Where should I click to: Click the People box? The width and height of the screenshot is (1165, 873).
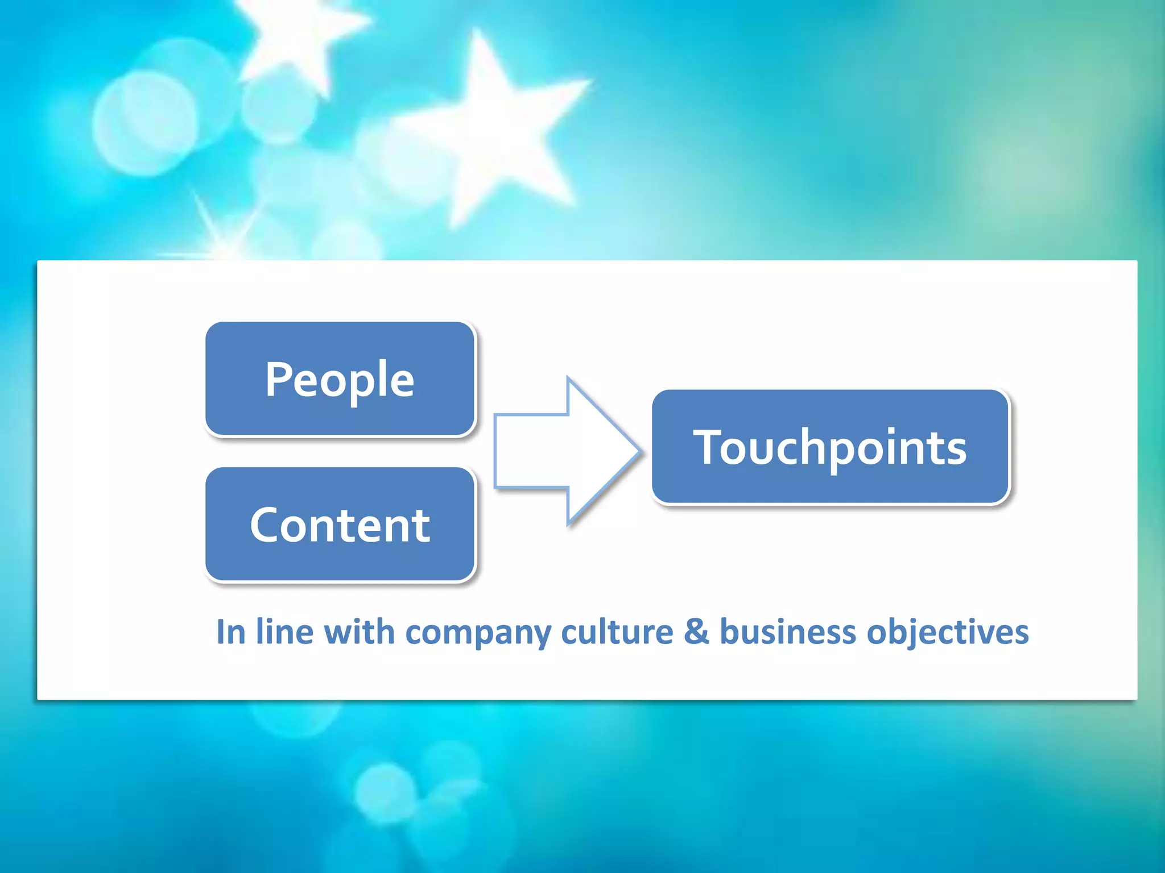point(340,379)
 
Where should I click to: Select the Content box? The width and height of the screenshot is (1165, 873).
point(340,524)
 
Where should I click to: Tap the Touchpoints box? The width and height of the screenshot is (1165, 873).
point(830,447)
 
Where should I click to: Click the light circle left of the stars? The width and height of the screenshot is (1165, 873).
point(145,122)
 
